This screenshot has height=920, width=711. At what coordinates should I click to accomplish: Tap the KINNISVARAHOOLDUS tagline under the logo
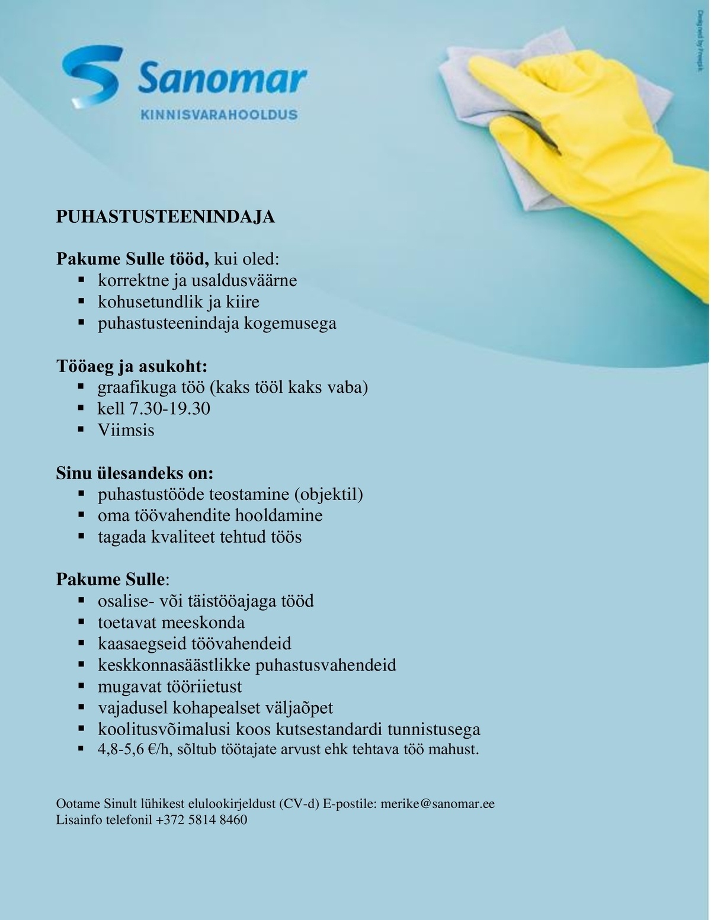(x=219, y=114)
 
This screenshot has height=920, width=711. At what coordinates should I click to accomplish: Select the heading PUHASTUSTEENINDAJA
(x=165, y=217)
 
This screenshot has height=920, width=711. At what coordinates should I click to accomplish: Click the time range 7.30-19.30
(x=170, y=409)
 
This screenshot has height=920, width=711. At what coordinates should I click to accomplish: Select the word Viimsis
(x=126, y=430)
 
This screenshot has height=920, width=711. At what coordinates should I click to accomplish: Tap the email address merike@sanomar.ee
(x=437, y=804)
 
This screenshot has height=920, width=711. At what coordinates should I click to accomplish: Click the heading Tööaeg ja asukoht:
(x=132, y=366)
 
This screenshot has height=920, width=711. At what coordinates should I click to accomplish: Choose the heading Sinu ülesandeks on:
(x=134, y=473)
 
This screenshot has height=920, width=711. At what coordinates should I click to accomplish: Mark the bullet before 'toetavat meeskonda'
(x=82, y=622)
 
